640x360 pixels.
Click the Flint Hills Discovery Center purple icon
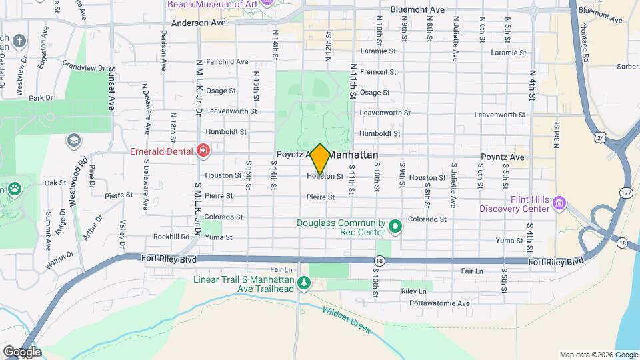pos(559,202)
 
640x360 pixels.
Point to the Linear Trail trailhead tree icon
pos(304,284)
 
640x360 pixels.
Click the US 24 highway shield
pos(601,137)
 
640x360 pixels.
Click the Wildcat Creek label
pos(345,319)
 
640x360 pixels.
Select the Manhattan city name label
pos(359,155)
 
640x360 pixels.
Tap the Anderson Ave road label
pos(199,23)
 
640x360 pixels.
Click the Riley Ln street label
pos(413,291)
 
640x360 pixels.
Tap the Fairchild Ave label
pos(227,62)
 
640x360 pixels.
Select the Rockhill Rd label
pos(171,237)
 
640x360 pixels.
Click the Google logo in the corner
pos(22,351)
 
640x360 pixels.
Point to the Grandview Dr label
pos(83,67)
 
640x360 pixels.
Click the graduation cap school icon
pos(73,141)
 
